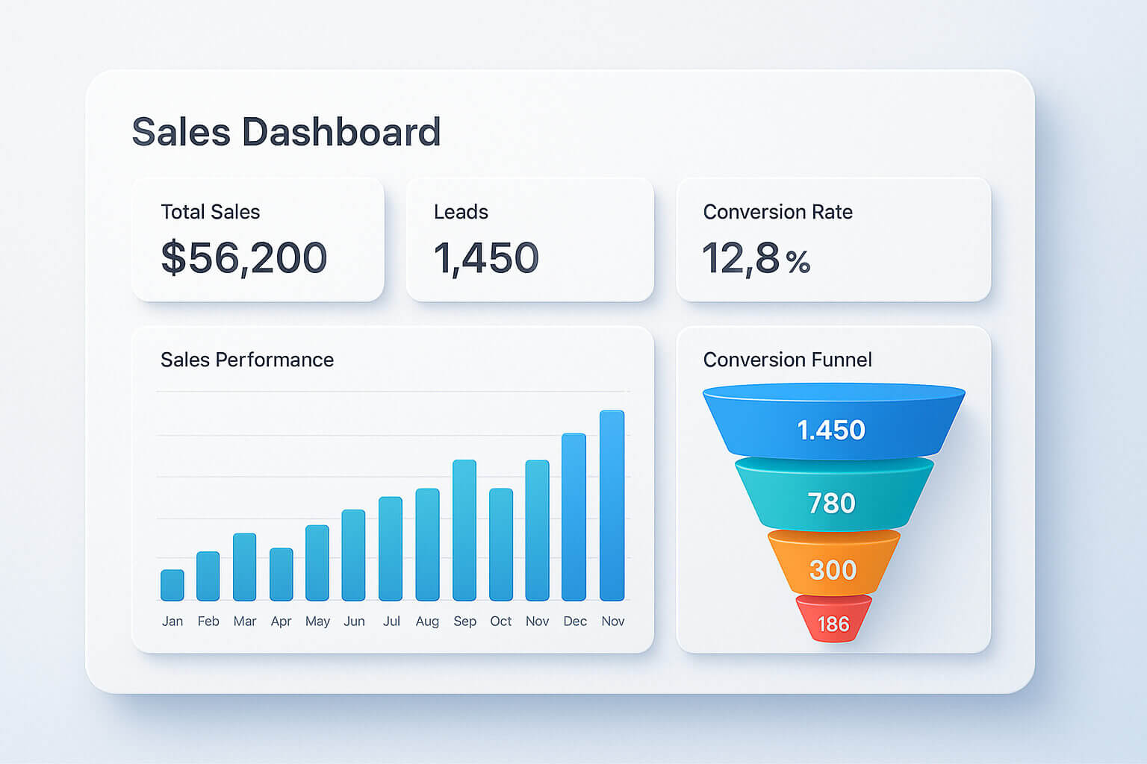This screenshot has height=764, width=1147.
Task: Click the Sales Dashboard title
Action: click(286, 132)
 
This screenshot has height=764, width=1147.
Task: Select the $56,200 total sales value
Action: click(244, 258)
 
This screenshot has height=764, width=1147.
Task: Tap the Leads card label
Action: click(461, 212)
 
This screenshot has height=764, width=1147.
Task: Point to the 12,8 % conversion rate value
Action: click(756, 259)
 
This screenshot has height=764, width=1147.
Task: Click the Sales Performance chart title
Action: click(247, 360)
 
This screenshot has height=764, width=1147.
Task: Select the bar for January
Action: click(172, 585)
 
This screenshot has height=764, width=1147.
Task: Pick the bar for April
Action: click(282, 574)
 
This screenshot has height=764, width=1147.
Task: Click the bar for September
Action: click(464, 530)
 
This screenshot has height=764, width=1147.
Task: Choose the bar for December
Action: click(573, 516)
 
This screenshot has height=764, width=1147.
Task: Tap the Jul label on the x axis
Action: click(391, 621)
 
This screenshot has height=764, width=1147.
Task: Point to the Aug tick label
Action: click(427, 621)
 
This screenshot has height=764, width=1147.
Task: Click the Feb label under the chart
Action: click(208, 621)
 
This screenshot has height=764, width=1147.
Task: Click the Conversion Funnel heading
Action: click(787, 360)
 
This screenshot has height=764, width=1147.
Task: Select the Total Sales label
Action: click(211, 212)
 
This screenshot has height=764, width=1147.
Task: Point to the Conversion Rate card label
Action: click(777, 212)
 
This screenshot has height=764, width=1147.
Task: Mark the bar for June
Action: click(353, 555)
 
